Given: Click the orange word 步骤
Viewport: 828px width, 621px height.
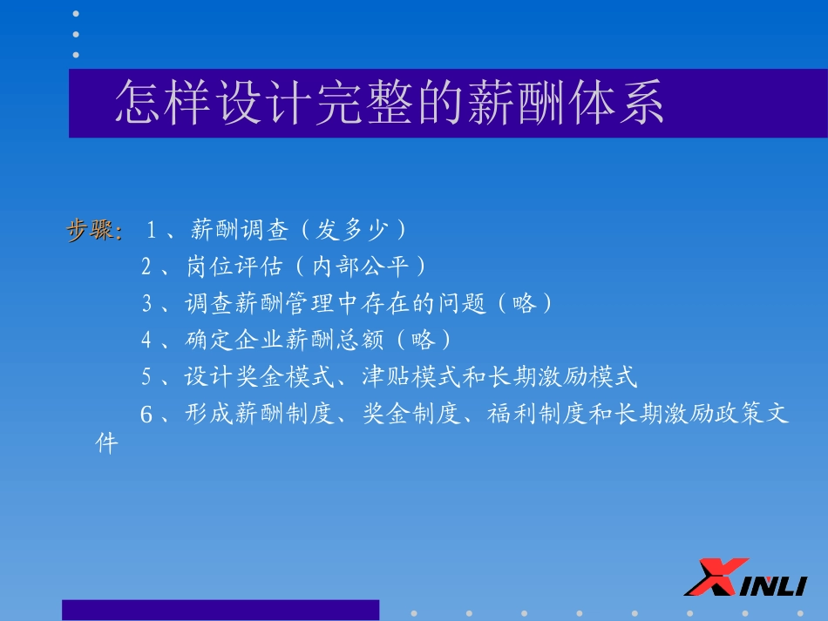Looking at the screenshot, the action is tap(90, 230).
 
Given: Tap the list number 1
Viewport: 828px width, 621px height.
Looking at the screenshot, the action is tap(151, 230).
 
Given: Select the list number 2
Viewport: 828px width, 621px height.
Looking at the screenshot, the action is tap(146, 267).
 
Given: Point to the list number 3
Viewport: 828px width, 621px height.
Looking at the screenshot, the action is tap(146, 303).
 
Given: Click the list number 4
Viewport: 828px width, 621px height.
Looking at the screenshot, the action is tap(146, 340).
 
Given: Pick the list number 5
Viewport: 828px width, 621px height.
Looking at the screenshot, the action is tap(146, 377).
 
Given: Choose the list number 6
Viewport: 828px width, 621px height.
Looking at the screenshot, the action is tap(146, 414).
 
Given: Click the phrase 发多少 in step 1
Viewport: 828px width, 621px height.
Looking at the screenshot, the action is tap(351, 230).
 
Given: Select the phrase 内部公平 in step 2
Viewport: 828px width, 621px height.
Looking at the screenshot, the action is tap(361, 267).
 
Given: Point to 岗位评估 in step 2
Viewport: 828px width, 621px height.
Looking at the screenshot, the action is tap(234, 267).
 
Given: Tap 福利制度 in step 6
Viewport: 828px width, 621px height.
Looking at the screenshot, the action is tap(536, 414).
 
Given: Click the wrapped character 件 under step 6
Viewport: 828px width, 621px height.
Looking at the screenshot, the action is tap(106, 443).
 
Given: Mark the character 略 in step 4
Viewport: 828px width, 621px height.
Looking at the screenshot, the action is tap(423, 340).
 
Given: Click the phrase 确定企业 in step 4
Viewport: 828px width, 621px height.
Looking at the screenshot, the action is tap(234, 340).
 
